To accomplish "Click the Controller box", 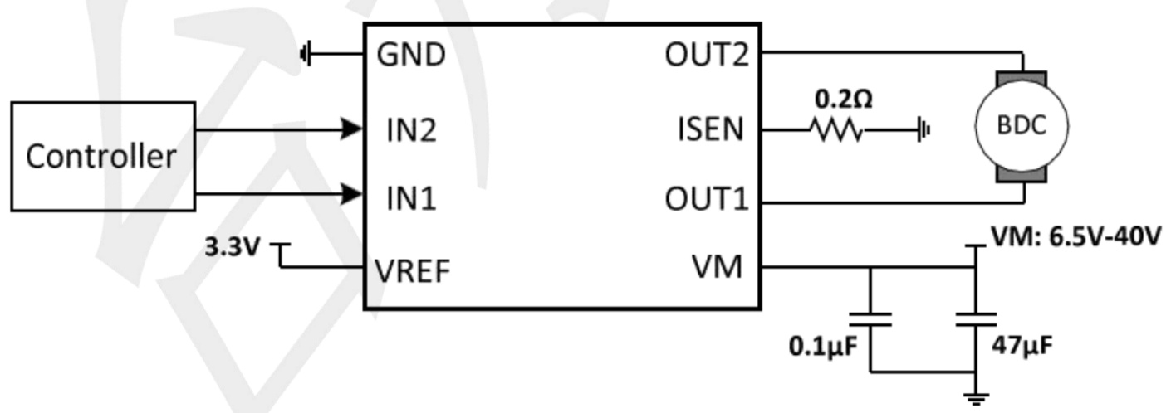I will point(101,156).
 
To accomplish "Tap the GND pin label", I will point(411,56).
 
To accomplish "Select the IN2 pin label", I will point(410,129).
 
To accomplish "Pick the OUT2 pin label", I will point(707,56).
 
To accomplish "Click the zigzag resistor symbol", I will point(837,129).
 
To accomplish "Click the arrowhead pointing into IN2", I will point(353,129).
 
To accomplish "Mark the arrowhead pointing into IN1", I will point(353,196).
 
